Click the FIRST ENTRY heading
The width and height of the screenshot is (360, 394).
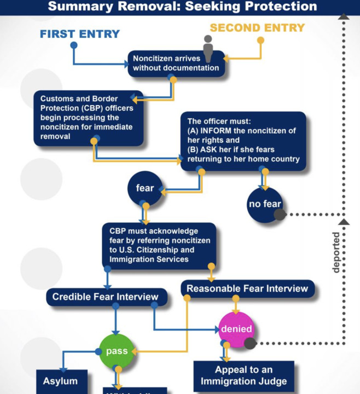click(x=80, y=34)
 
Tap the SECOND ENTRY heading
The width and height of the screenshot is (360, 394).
click(x=258, y=27)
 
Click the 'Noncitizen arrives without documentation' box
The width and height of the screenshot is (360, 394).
click(x=176, y=63)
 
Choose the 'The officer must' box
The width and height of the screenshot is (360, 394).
click(x=243, y=141)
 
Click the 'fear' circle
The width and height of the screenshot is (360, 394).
click(x=145, y=188)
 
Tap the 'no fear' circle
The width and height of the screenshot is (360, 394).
click(x=264, y=205)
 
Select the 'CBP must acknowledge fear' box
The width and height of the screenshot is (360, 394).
click(x=159, y=245)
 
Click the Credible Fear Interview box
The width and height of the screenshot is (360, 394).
click(x=105, y=297)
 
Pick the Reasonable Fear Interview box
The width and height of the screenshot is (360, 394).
click(x=247, y=288)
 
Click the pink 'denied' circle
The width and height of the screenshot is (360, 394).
click(x=236, y=329)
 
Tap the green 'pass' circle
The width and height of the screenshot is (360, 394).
click(x=117, y=351)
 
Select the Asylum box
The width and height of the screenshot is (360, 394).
click(x=61, y=381)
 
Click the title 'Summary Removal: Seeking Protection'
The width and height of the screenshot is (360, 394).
click(x=182, y=7)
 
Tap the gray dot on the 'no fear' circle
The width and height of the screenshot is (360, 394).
click(x=280, y=214)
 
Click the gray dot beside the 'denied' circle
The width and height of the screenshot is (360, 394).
click(x=250, y=344)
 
